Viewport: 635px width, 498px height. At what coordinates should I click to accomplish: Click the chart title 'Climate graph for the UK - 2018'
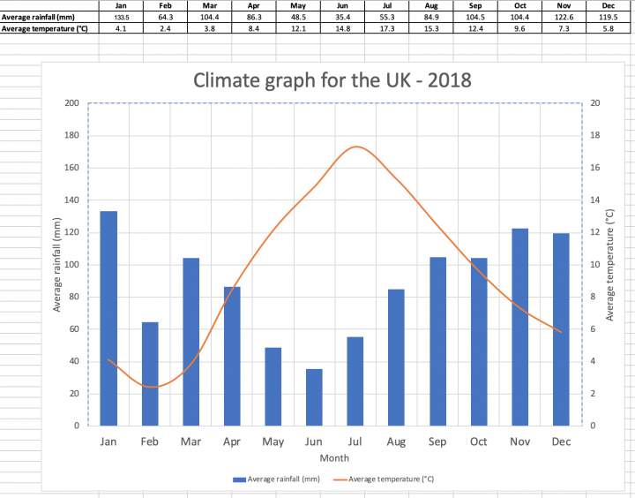tap(332, 80)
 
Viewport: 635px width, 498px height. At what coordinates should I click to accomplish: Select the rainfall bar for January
tap(108, 318)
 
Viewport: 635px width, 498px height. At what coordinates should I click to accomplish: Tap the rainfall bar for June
tap(314, 397)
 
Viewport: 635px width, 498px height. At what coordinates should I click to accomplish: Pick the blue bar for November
tap(519, 327)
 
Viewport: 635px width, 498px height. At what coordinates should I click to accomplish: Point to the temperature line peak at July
tap(356, 147)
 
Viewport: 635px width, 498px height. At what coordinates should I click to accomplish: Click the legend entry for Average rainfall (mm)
tap(276, 479)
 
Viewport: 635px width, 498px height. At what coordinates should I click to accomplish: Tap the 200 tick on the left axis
tap(71, 103)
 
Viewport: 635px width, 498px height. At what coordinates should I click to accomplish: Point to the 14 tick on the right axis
tap(595, 200)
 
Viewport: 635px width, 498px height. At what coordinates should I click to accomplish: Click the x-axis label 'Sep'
tap(437, 441)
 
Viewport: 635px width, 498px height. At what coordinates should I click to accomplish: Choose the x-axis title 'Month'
tap(334, 458)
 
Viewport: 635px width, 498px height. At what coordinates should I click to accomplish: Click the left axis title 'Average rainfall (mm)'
tap(57, 265)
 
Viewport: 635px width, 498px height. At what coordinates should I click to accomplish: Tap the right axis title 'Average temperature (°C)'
tap(609, 265)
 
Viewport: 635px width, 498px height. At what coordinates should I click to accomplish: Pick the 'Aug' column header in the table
tap(431, 5)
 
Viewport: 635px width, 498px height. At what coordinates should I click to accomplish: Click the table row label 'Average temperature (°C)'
tap(46, 28)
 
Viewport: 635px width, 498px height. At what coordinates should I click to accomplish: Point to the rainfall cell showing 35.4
tap(342, 17)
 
